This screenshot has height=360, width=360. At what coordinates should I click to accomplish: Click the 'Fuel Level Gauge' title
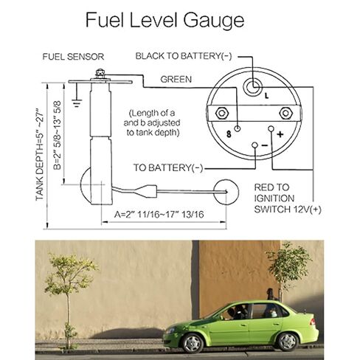point(165,21)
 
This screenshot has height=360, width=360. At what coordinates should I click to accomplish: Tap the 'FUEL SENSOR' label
point(73,57)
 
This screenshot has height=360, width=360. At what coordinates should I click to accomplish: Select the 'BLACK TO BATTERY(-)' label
point(184,56)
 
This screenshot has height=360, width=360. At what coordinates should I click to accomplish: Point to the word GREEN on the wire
point(176,79)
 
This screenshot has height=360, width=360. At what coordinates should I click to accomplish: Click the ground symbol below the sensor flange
point(77,103)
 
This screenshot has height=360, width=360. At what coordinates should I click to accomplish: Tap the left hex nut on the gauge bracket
point(222,114)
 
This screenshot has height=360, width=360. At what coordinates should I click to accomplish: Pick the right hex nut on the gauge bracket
point(285,114)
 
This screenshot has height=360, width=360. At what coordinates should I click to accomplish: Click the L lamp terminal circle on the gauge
point(253,87)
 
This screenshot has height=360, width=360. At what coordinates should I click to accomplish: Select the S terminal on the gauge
point(238,128)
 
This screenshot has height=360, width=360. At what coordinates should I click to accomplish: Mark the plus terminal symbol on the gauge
point(280,134)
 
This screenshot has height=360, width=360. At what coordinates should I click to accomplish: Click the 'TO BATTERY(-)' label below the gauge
point(168,167)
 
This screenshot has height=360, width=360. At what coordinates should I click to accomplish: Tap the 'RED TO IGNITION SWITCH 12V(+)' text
point(288,198)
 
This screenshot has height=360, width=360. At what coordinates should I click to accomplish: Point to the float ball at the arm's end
point(226,192)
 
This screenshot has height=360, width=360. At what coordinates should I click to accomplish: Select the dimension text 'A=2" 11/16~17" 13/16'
point(159,214)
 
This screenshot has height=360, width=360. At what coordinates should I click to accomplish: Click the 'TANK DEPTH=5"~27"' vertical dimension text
point(40,154)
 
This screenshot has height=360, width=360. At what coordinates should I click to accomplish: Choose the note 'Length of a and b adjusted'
point(152,118)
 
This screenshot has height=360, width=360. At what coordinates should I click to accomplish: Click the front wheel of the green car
point(193,343)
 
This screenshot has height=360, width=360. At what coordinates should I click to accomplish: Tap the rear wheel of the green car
point(288,342)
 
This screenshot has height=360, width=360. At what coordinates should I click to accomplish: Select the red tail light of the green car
point(313,322)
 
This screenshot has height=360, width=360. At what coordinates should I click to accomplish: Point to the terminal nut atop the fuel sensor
point(100,74)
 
